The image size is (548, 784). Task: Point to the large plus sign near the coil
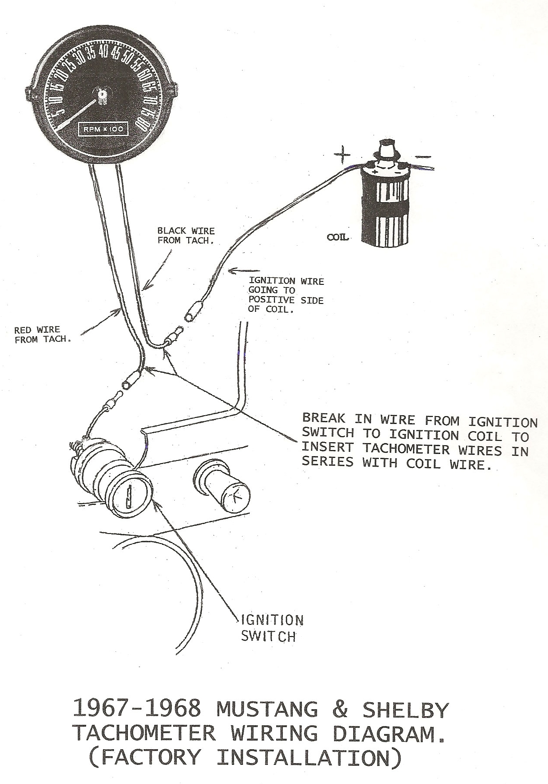click(342, 154)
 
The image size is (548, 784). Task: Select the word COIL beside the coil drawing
click(337, 237)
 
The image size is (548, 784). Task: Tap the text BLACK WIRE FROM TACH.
click(186, 236)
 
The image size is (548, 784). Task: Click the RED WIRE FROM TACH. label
click(43, 335)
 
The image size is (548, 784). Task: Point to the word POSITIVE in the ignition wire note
click(267, 300)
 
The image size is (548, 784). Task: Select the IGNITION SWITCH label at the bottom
click(272, 628)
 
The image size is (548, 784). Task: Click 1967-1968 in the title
click(137, 709)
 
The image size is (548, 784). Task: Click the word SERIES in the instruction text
click(327, 463)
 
